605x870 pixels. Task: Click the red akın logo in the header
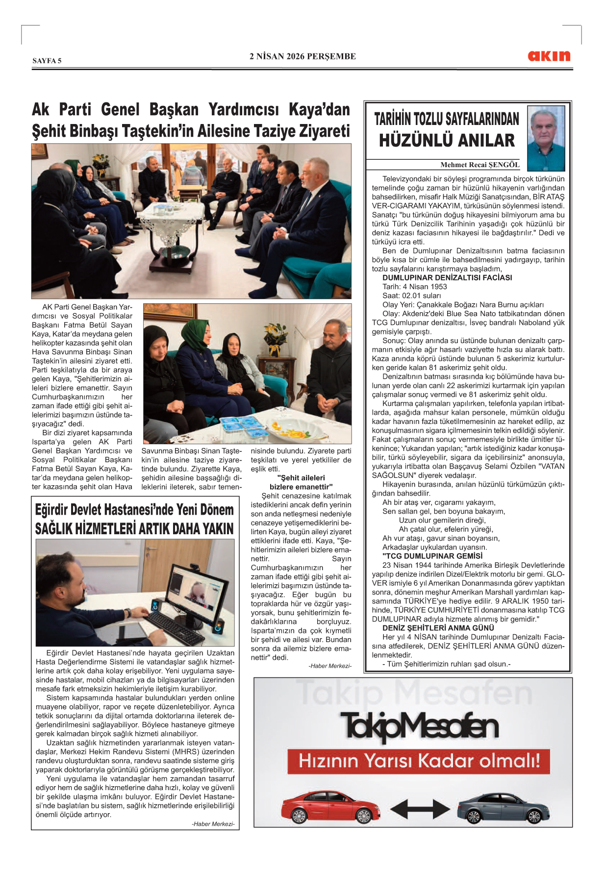pos(549,56)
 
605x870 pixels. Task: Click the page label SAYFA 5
pos(47,61)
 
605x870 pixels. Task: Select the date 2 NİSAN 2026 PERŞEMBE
pos(302,56)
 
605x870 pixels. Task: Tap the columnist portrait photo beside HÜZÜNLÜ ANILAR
pos(546,138)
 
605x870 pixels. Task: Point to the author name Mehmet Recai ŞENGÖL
pos(479,165)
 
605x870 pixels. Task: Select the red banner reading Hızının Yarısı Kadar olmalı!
pos(418,761)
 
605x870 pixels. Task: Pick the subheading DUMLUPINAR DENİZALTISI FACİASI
pos(447,277)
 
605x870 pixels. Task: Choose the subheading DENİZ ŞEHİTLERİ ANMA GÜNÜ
pos(438,628)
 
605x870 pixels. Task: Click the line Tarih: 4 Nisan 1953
pos(414,287)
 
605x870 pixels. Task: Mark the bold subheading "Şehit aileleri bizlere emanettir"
pos(301,482)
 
